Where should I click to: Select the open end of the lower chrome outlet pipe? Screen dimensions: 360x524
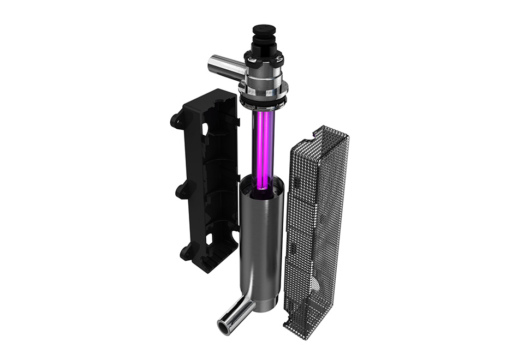tap(225, 327)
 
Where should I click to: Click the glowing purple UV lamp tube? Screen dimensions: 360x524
tap(263, 147)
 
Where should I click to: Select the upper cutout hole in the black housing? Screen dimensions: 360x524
tap(207, 130)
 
